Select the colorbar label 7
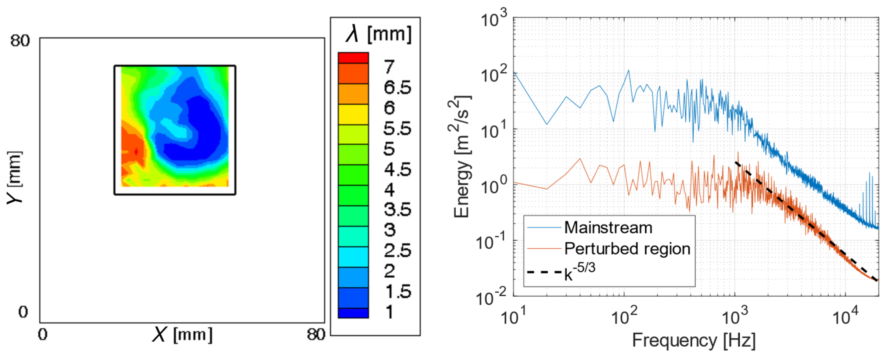click(389, 67)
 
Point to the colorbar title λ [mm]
click(379, 35)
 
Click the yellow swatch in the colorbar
click(353, 114)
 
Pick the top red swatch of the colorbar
click(353, 57)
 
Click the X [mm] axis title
click(182, 335)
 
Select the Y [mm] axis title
click(14, 178)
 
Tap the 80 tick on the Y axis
click(20, 41)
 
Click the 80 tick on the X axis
click(316, 335)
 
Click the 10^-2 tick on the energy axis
click(492, 298)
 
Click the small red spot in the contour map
click(136, 152)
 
